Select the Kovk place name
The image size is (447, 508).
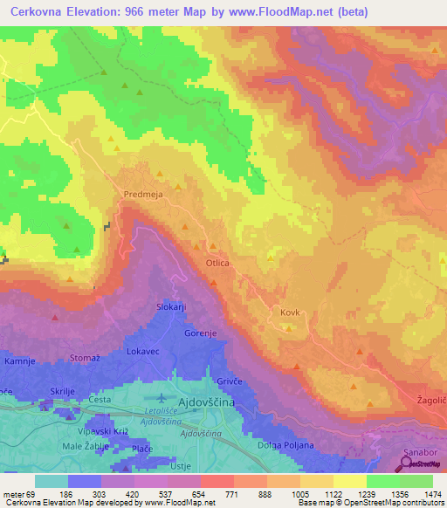291,312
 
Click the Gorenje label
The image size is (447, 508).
201,333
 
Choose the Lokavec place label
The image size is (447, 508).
142,350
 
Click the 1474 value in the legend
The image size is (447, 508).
433,494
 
